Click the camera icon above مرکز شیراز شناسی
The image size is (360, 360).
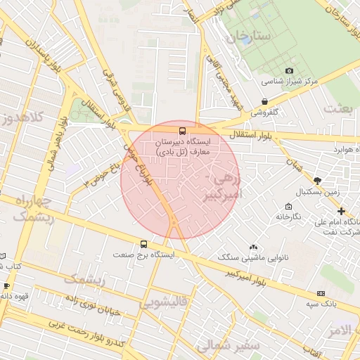[289, 71]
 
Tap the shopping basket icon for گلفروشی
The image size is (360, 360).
[264, 102]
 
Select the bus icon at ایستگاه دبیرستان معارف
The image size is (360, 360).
[183, 131]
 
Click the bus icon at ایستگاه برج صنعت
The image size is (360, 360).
[144, 244]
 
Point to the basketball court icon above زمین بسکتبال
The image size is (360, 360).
[318, 180]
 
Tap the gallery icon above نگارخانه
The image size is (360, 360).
[288, 207]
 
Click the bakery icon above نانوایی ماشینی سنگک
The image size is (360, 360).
[253, 247]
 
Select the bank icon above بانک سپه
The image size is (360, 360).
[321, 293]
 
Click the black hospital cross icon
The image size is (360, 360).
[341, 211]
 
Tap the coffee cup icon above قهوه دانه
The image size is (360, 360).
[6, 286]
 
